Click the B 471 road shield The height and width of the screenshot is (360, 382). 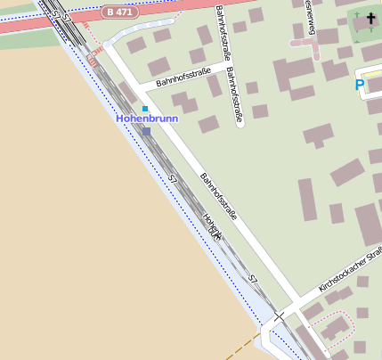[x=119, y=12]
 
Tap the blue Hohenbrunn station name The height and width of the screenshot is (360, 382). [x=147, y=118]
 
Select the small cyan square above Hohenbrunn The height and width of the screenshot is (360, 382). [x=145, y=109]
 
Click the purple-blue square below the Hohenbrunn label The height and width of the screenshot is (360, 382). [x=146, y=131]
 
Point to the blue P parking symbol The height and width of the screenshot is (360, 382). [x=360, y=86]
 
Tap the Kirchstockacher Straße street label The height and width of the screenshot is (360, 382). [x=350, y=271]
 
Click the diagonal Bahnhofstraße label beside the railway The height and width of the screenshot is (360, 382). [x=218, y=195]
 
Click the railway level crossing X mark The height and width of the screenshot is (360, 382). [x=279, y=316]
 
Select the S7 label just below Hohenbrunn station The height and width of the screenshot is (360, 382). [x=173, y=180]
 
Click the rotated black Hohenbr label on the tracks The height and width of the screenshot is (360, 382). [x=211, y=228]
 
